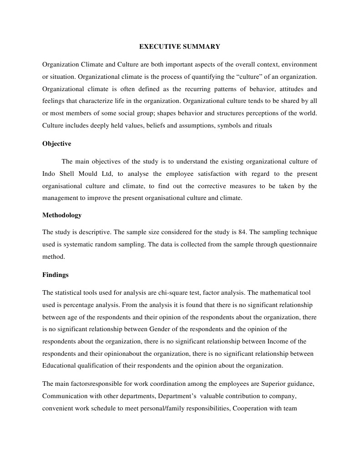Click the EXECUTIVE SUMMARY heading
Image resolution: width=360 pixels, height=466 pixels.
[179, 46]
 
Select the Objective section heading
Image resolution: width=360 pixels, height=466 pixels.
[56, 143]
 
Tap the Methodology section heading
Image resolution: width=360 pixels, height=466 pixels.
[62, 215]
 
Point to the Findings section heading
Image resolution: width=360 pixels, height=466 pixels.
[56, 275]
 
